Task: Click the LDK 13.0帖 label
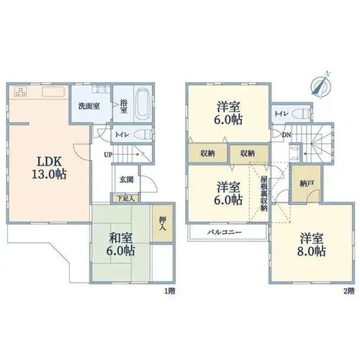[x=49, y=168]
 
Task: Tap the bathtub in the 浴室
[x=143, y=104]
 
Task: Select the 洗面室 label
[x=89, y=107]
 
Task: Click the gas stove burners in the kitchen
[x=20, y=91]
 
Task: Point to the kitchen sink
[x=53, y=91]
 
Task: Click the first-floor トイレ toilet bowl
[x=143, y=134]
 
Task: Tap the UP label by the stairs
[x=108, y=155]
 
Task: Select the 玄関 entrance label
[x=127, y=180]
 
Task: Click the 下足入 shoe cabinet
[x=125, y=199]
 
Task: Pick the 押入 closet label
[x=163, y=223]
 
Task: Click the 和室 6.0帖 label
[x=121, y=244]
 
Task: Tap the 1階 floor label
[x=170, y=291]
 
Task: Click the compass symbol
[x=321, y=84]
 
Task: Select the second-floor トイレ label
[x=282, y=114]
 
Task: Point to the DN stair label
[x=287, y=135]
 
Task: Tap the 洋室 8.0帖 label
[x=312, y=244]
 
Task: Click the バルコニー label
[x=225, y=233]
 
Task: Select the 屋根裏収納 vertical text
[x=264, y=194]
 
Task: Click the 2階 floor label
[x=348, y=291]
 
